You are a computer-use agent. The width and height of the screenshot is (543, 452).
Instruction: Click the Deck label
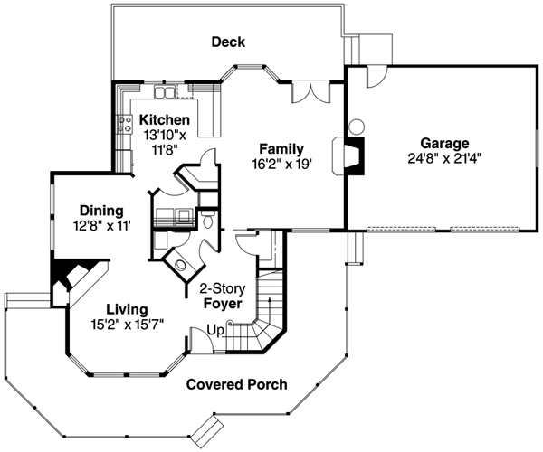coord(228,42)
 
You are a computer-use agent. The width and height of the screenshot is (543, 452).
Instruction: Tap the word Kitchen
coord(164,119)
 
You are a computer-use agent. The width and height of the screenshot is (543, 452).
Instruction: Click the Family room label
coord(281,149)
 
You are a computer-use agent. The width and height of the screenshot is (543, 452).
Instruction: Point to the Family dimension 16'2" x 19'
coord(281,165)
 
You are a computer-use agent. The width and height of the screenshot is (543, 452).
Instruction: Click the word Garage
coord(443,143)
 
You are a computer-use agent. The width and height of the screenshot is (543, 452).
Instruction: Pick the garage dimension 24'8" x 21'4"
coord(443,157)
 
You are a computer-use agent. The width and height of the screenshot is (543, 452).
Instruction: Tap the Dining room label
coord(100,210)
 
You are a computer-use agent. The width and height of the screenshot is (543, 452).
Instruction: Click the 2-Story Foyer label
coord(223,297)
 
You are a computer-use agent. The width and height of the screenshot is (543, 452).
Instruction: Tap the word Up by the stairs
coord(214,330)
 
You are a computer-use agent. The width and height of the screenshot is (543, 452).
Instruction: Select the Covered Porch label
coord(236,384)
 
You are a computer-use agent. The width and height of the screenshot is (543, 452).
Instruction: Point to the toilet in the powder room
coord(207,222)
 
